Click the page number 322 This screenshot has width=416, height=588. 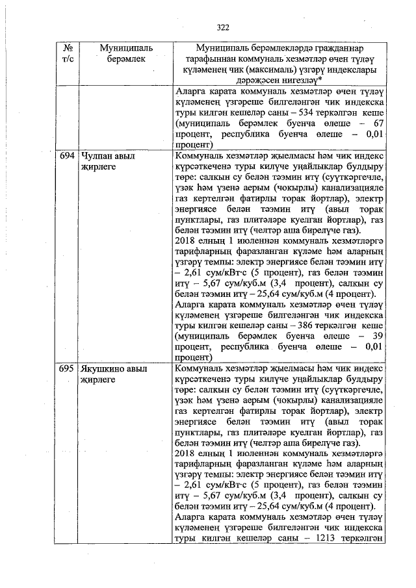pyautogui.click(x=224, y=27)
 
